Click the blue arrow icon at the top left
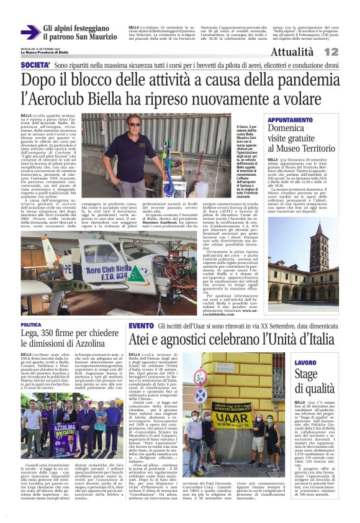pyautogui.click(x=30, y=32)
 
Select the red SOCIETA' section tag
pyautogui.click(x=35, y=65)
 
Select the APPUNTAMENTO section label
pyautogui.click(x=290, y=120)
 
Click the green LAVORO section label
pyautogui.click(x=305, y=362)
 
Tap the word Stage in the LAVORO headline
pyautogui.click(x=307, y=374)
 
